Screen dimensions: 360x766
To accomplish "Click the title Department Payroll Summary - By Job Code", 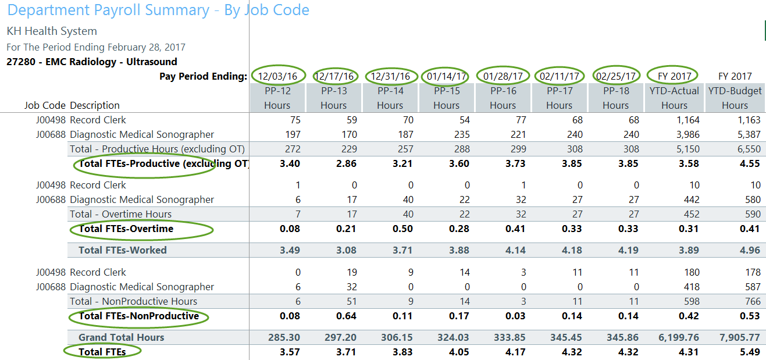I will [x=158, y=10].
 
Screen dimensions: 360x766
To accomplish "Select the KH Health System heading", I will [x=52, y=31].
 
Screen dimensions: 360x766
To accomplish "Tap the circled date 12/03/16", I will [x=277, y=76].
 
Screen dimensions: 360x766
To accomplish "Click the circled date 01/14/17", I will [x=446, y=76].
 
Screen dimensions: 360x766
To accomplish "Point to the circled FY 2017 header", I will [x=674, y=76].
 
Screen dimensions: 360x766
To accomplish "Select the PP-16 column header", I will [x=503, y=98].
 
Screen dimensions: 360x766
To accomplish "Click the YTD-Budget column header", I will [x=735, y=98].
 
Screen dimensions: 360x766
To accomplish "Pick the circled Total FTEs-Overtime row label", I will [x=126, y=229].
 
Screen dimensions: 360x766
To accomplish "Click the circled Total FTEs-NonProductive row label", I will [x=139, y=316].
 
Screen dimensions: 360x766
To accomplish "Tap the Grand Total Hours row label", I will [x=122, y=337].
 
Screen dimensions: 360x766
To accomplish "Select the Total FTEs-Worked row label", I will [x=123, y=250].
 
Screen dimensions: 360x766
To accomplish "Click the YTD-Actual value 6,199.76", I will [x=675, y=337].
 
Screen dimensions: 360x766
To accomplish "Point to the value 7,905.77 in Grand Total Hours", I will [x=736, y=337].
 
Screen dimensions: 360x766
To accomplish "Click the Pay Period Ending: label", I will [x=203, y=76].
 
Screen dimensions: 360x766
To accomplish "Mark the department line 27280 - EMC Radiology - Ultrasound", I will [x=92, y=62].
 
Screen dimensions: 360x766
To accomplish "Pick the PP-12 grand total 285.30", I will [x=284, y=337].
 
